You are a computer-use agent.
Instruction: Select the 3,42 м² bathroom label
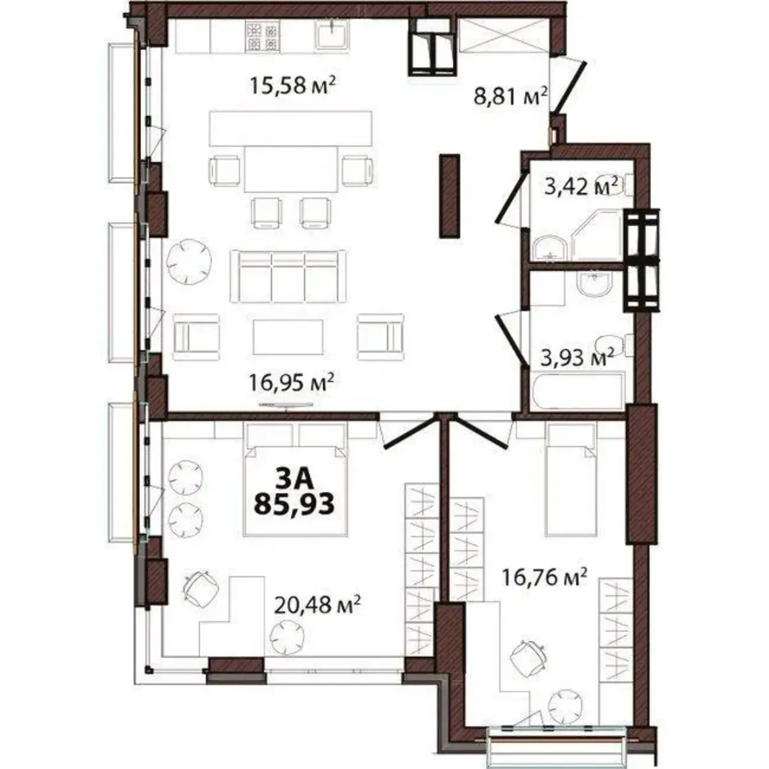pyautogui.click(x=581, y=187)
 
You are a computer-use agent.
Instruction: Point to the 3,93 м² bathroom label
pyautogui.click(x=577, y=356)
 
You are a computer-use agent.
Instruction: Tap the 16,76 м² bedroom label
pyautogui.click(x=543, y=579)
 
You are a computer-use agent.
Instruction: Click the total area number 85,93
pyautogui.click(x=294, y=505)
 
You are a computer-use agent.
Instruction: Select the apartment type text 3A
pyautogui.click(x=294, y=479)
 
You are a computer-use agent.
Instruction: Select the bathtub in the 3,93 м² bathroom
pyautogui.click(x=577, y=391)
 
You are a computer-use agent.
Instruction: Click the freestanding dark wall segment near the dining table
pyautogui.click(x=449, y=196)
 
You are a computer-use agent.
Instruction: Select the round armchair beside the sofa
pyautogui.click(x=187, y=261)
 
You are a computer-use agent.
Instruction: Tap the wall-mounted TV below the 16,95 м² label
pyautogui.click(x=286, y=405)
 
